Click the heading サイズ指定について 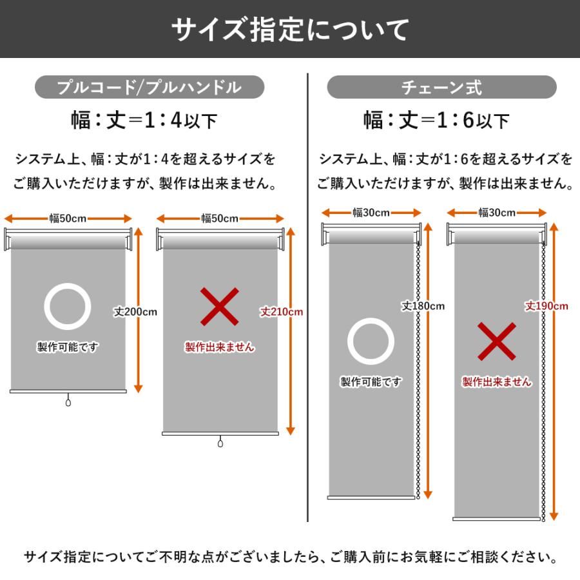[x=290, y=30]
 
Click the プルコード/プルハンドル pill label [x=150, y=87]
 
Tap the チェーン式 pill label [x=441, y=87]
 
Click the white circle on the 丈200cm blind [x=68, y=307]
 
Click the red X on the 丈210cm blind [x=219, y=307]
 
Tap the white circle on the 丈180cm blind [x=371, y=342]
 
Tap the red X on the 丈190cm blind [x=496, y=342]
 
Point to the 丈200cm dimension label [x=136, y=311]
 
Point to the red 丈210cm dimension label [x=282, y=311]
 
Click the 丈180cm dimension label [x=423, y=306]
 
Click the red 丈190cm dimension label [x=546, y=306]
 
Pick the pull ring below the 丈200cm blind [x=68, y=402]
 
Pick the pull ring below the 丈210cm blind [x=220, y=443]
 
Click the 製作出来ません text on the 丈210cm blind [x=219, y=347]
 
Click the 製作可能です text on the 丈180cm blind [x=371, y=382]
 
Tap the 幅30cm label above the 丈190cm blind [x=497, y=213]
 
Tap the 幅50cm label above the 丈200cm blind [x=68, y=218]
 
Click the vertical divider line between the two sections [x=308, y=296]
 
